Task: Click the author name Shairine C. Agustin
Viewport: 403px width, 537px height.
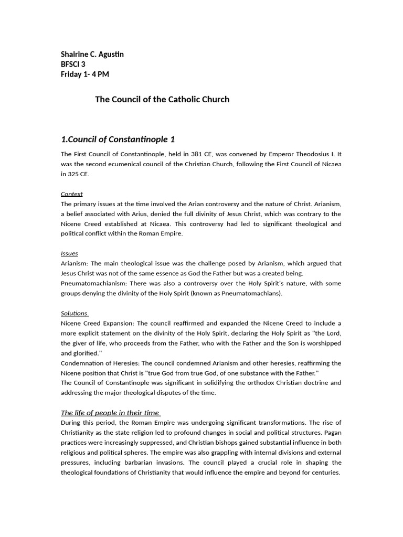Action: (92, 55)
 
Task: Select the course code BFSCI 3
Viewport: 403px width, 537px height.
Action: (73, 65)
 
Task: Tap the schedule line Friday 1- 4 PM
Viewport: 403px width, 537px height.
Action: (84, 74)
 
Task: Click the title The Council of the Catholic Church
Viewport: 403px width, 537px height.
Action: (162, 99)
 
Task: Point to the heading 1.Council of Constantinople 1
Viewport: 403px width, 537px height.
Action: (118, 139)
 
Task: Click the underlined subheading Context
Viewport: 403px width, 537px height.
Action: (71, 194)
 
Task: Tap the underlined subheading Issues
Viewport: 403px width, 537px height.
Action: (69, 253)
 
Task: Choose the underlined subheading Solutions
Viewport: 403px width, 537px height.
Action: (74, 314)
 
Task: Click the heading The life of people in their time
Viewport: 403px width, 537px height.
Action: (110, 413)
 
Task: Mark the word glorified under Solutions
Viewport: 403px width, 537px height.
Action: (87, 353)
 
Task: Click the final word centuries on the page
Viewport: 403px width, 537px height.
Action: (325, 472)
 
